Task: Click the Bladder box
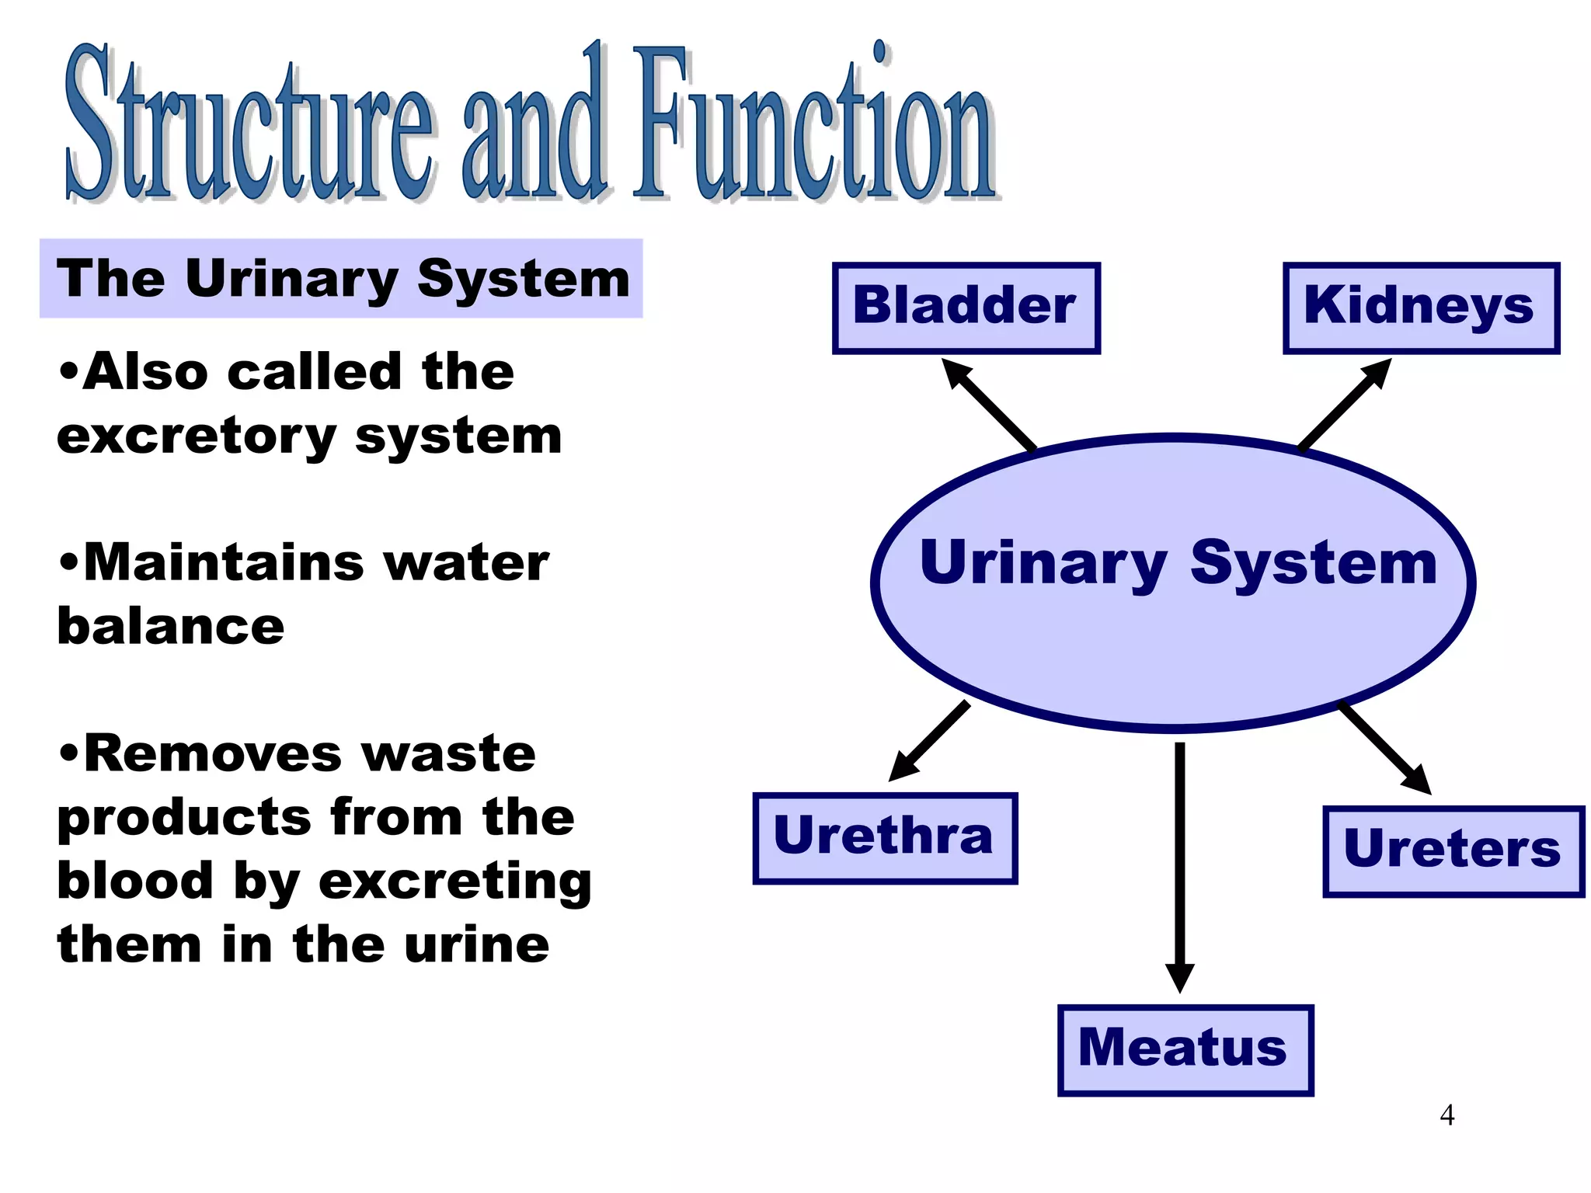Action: point(966,308)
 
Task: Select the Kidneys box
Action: point(1420,308)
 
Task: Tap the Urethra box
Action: point(885,838)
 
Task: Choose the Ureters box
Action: point(1453,851)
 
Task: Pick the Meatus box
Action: point(1185,1050)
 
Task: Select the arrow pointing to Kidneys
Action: point(1345,404)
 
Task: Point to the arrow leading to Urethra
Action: point(929,741)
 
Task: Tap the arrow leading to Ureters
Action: point(1385,747)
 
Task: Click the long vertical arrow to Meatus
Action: point(1179,862)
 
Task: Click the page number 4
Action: point(1447,1115)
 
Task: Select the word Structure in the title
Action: point(249,124)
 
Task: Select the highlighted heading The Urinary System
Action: point(342,279)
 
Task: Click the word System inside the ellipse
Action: point(1314,563)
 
